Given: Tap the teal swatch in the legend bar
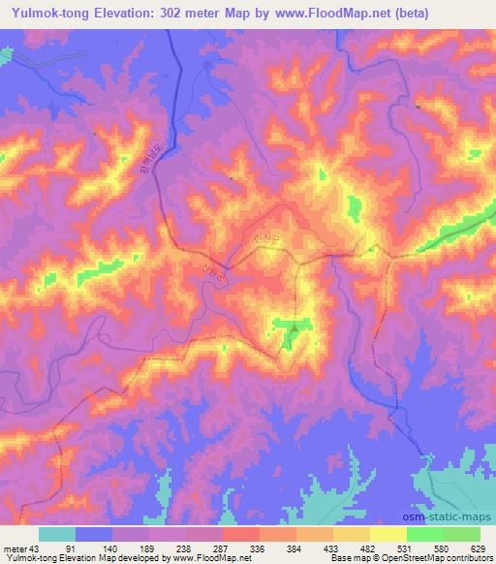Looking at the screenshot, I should pos(57,534).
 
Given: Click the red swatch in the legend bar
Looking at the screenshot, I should pos(241,534).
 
